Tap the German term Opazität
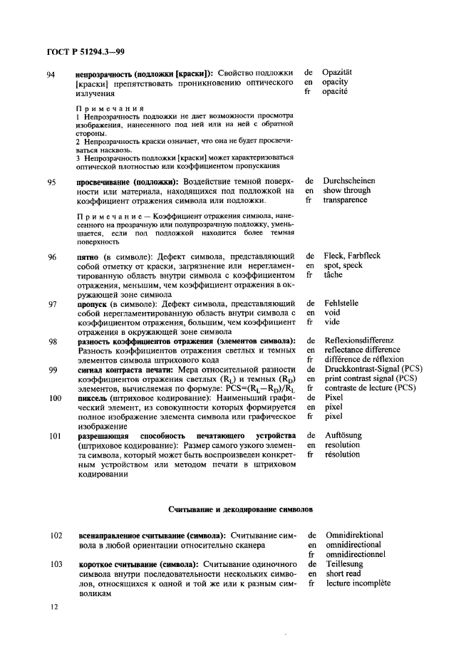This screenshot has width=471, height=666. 338,73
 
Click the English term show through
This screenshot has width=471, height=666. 346,191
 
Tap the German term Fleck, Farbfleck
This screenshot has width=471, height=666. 352,255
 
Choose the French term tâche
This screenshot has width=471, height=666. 333,274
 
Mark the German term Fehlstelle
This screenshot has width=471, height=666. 342,303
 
